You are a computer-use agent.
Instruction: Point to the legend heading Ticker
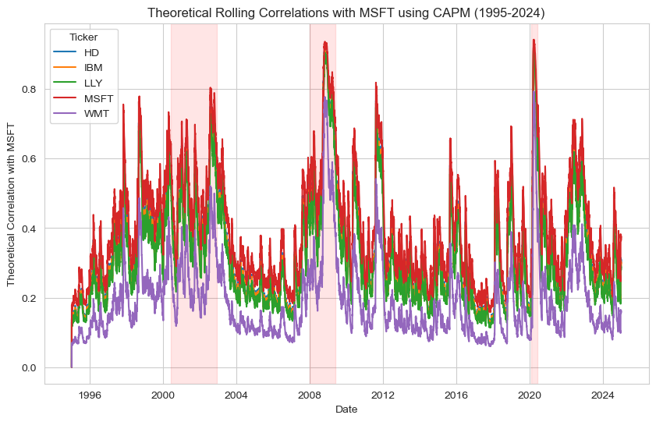[x=83, y=37]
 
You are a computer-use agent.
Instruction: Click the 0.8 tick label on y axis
[x=30, y=89]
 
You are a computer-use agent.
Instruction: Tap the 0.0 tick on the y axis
[x=30, y=367]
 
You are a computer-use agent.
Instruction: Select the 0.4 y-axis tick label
[x=30, y=229]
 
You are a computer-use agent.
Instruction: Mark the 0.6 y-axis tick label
[x=30, y=158]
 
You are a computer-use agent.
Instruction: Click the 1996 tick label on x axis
[x=90, y=395]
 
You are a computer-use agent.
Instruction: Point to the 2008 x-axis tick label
[x=310, y=395]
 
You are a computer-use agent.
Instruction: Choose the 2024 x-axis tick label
[x=603, y=395]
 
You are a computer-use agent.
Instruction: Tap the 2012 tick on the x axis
[x=383, y=395]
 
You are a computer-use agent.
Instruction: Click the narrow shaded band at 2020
[x=534, y=234]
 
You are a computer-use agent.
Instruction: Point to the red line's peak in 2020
[x=534, y=40]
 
